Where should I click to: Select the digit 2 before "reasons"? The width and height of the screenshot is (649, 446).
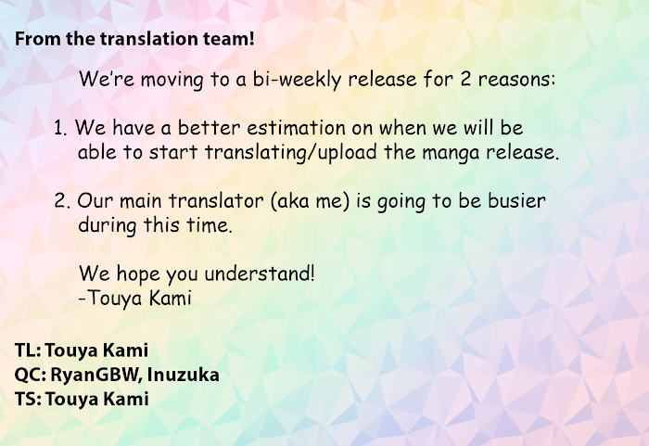(465, 79)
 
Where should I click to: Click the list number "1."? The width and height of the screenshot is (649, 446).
(60, 128)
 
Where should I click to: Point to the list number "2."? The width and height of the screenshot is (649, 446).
(62, 201)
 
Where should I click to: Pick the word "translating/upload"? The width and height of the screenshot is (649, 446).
(290, 152)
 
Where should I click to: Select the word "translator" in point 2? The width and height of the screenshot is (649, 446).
(216, 201)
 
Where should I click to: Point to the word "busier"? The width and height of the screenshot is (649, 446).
(516, 200)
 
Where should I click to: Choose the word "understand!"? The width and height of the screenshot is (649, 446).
(260, 274)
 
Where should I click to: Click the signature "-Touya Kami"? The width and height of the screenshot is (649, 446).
(135, 298)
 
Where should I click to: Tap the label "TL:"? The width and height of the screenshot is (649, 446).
(28, 350)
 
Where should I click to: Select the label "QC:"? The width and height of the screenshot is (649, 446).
(31, 376)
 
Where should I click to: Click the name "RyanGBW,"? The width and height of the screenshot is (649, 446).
(96, 376)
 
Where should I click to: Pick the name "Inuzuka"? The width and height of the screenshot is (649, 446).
(183, 375)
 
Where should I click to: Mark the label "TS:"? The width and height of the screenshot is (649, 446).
(28, 400)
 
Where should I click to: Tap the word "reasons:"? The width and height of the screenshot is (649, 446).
(516, 79)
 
